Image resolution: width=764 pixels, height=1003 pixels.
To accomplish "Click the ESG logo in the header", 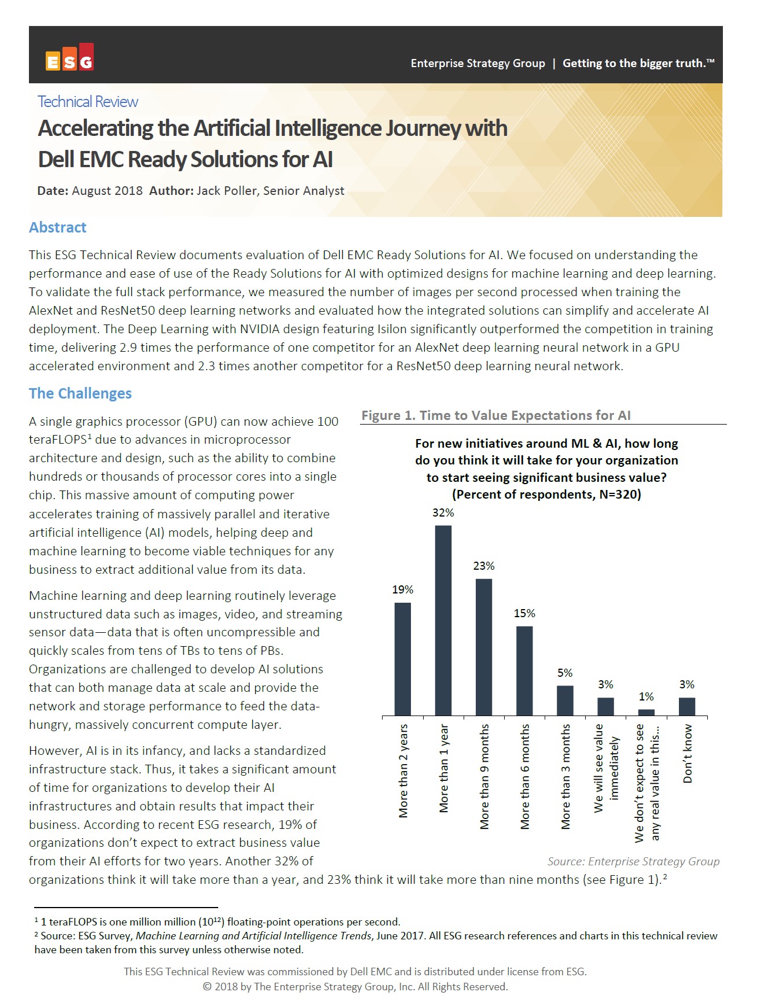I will (69, 58).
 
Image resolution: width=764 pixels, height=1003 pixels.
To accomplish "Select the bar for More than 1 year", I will (443, 620).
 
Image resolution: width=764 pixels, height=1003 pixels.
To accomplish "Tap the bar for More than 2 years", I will (403, 659).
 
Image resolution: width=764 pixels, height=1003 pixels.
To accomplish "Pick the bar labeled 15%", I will (524, 670).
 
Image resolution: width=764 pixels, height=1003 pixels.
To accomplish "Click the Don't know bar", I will (687, 706).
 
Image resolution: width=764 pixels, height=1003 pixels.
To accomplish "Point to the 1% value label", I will (647, 697).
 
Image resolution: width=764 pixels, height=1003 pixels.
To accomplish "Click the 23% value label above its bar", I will (484, 566).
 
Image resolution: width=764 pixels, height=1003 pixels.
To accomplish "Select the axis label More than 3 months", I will (565, 776).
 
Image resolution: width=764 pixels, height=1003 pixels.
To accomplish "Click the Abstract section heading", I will (57, 227).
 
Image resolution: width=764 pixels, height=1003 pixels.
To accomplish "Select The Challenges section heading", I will (80, 393).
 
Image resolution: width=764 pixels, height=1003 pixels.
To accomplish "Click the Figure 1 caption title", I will (496, 415).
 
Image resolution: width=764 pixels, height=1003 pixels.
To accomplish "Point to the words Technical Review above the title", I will (88, 102).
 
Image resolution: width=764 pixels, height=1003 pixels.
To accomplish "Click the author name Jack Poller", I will (227, 191).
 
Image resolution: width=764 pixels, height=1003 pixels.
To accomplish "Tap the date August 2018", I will (107, 191).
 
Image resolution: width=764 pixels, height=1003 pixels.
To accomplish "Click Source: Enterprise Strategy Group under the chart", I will (633, 861).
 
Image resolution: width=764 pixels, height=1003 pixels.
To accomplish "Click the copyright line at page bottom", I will (355, 987).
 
